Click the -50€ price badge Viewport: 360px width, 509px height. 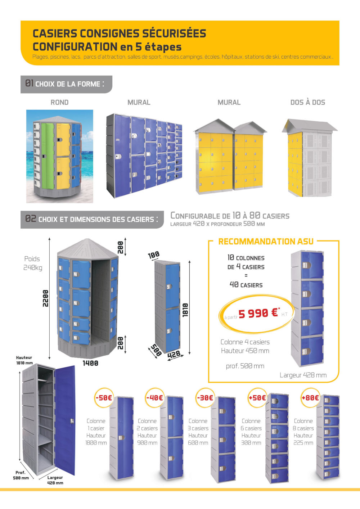[104, 398]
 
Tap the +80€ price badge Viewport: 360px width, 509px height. [310, 398]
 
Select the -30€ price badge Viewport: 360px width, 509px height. [205, 398]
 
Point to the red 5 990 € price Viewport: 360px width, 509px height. [258, 313]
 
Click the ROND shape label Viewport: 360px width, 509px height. [59, 102]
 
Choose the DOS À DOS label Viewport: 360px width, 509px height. [307, 102]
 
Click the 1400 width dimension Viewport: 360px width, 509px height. [90, 363]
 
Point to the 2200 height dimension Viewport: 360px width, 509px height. [45, 298]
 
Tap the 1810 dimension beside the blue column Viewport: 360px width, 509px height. [185, 310]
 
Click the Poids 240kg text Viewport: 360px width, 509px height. [32, 263]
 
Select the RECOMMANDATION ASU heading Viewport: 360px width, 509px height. [266, 242]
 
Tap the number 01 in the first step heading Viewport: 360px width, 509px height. [29, 84]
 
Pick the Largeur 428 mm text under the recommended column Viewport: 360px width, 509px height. [303, 375]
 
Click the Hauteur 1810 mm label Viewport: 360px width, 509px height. [24, 360]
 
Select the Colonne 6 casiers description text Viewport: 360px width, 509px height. [251, 432]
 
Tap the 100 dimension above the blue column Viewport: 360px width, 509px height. [154, 255]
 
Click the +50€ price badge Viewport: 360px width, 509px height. [257, 398]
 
